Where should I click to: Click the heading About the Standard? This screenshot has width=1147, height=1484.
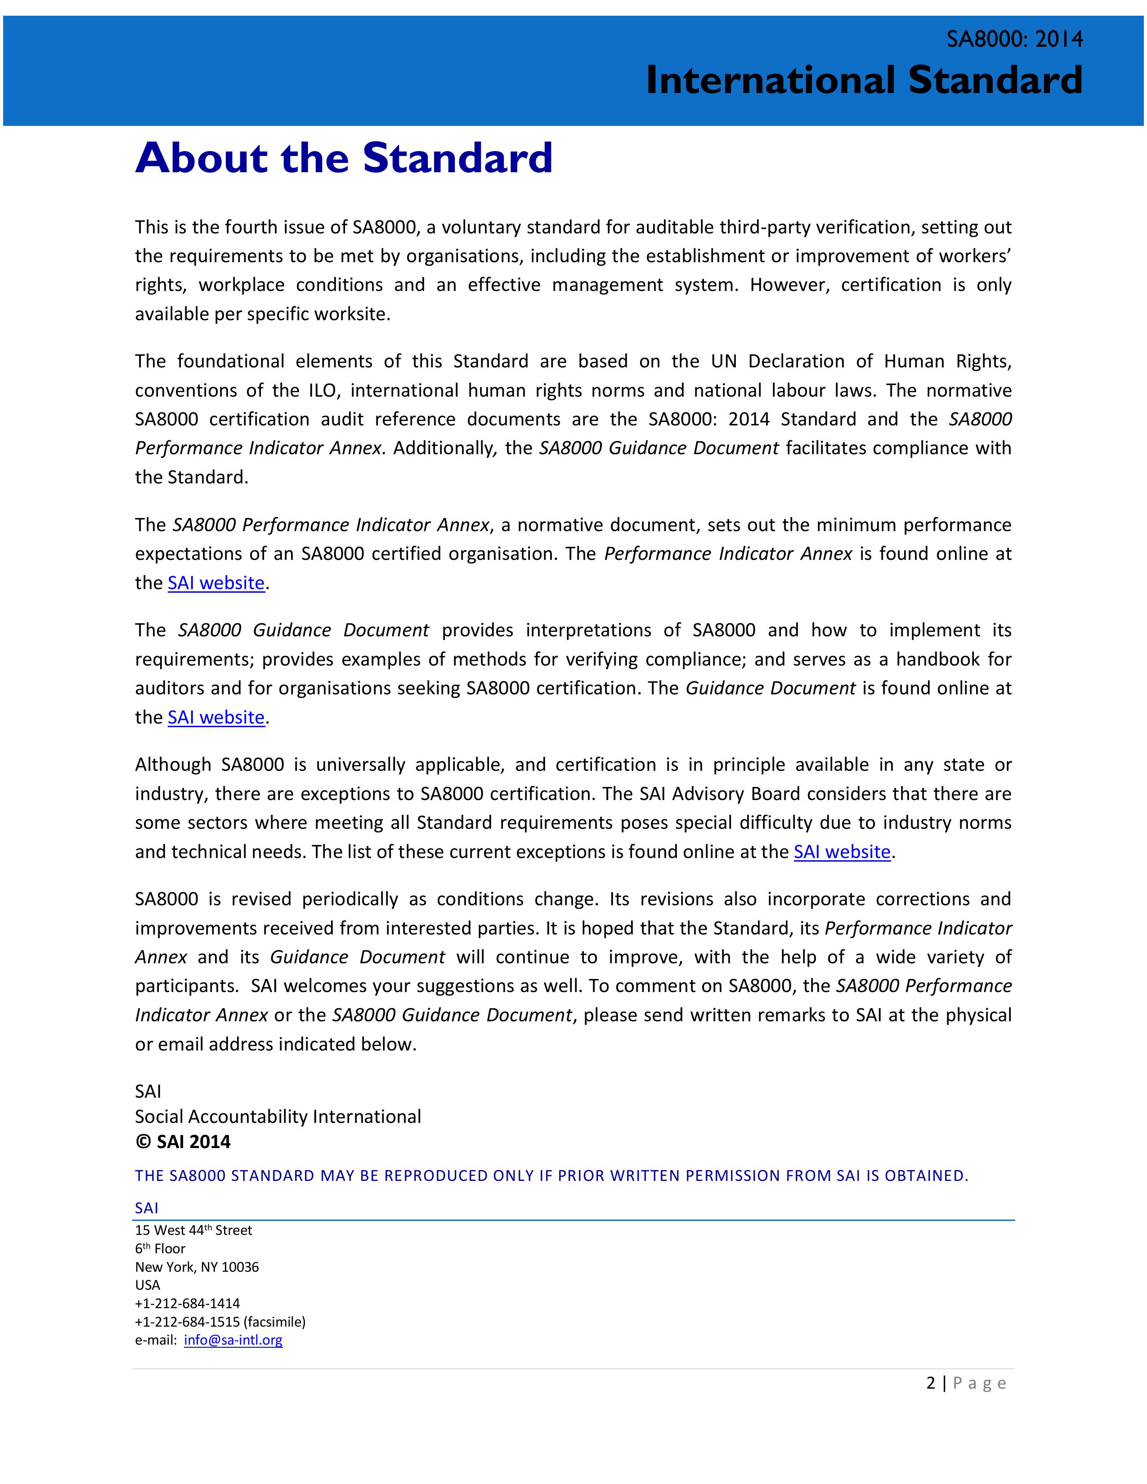344,158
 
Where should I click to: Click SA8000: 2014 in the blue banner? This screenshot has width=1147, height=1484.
1014,40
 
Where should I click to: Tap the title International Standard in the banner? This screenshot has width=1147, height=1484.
864,80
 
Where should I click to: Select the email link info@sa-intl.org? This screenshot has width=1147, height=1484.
233,1340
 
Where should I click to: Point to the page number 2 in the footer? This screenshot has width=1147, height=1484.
930,1383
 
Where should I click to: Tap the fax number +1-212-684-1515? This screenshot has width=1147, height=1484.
188,1322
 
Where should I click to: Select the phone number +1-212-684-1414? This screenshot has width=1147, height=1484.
188,1303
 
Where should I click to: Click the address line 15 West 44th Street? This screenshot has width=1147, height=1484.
194,1230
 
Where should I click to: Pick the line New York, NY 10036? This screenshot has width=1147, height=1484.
197,1266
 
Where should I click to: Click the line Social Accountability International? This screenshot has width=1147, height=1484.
278,1117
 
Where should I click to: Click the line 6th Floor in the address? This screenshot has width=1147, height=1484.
161,1248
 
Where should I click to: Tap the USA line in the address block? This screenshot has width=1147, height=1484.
148,1285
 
